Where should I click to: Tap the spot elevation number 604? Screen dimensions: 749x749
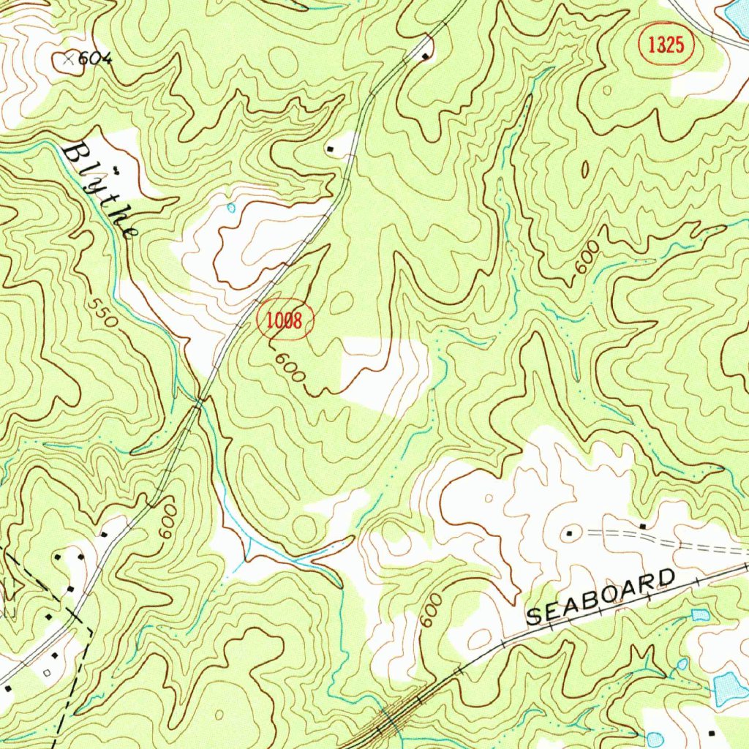tap(95, 59)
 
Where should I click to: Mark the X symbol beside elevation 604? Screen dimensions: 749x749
tap(69, 59)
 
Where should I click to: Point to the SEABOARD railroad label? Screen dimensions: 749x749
tap(601, 597)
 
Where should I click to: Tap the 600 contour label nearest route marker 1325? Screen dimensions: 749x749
tap(587, 257)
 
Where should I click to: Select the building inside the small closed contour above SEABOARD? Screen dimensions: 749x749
tap(569, 535)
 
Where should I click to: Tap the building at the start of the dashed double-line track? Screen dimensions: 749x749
tap(643, 526)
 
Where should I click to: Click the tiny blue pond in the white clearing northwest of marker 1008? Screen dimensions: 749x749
tap(231, 208)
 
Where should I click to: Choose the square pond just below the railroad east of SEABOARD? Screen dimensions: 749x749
tap(700, 614)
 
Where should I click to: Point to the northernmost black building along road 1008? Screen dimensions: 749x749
tap(426, 56)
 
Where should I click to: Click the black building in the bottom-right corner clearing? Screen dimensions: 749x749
tap(712, 732)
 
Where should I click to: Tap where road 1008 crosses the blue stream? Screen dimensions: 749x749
tap(200, 400)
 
